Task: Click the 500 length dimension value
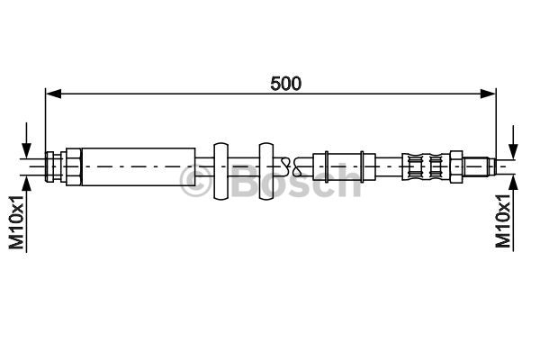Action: click(x=286, y=83)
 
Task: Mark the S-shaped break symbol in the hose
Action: click(x=285, y=165)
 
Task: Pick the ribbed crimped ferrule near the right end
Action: click(x=424, y=165)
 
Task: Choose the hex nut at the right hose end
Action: click(x=457, y=165)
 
